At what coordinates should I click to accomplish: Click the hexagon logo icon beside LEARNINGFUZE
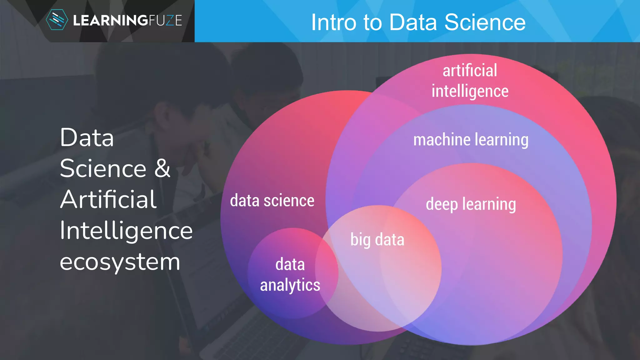coord(57,20)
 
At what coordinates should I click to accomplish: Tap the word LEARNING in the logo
coord(110,21)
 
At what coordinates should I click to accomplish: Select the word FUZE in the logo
coord(165,21)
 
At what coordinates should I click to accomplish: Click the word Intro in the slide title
coord(333,22)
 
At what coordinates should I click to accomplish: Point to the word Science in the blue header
coord(485,22)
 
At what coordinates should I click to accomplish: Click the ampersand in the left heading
coord(162,168)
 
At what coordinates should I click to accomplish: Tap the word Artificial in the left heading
coord(108,199)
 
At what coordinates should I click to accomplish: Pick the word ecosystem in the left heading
coord(120,262)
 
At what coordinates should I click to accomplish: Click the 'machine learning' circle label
coord(471,140)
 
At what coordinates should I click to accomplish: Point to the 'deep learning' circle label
coord(471,204)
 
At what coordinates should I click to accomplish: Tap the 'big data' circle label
coord(377,240)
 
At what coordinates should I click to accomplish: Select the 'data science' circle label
coord(272,201)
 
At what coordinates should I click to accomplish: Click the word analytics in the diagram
coord(290,285)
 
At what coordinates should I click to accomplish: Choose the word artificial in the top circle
coord(470,71)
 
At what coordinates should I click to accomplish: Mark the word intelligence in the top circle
coord(470,91)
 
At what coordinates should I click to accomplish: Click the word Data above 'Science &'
coord(87,137)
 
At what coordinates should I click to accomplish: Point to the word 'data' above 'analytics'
coord(290,264)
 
